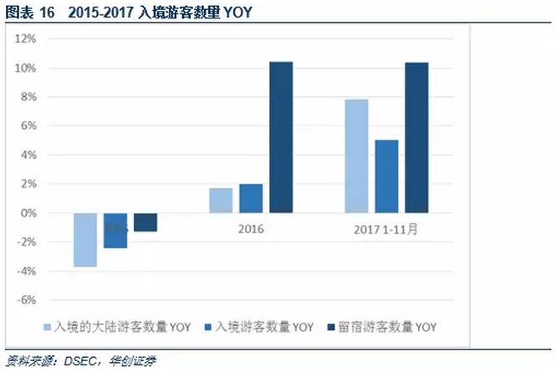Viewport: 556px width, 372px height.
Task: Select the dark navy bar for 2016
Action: click(x=281, y=137)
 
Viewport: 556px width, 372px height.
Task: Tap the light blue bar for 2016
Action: click(x=221, y=201)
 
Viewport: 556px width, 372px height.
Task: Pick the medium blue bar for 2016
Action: click(x=251, y=199)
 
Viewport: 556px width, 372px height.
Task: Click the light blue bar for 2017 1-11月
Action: click(x=357, y=156)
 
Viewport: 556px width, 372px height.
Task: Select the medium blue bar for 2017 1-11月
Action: click(x=386, y=176)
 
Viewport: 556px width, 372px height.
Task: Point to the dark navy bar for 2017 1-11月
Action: click(x=416, y=137)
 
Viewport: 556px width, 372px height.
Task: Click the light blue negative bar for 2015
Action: click(x=85, y=240)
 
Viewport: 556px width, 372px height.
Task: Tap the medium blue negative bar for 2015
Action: click(x=115, y=231)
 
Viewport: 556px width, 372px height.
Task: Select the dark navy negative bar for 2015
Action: click(x=145, y=222)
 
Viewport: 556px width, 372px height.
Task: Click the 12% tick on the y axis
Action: click(x=25, y=38)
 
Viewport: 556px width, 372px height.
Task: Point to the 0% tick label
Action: click(x=28, y=213)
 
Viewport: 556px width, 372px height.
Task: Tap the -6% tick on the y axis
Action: click(x=25, y=300)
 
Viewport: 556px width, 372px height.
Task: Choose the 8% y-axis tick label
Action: click(x=28, y=97)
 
